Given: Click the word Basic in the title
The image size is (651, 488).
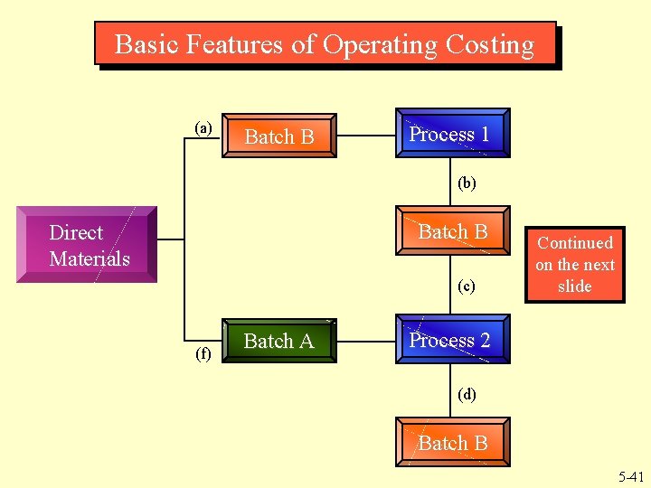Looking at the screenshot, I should click(x=147, y=44).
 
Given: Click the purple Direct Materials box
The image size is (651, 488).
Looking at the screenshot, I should click(x=90, y=245).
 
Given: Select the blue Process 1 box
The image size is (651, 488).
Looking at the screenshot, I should click(x=451, y=134).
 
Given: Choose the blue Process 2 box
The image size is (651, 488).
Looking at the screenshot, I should click(x=451, y=340).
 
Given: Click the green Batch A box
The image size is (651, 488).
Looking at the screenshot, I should click(x=279, y=341).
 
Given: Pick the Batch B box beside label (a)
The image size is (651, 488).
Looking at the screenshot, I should click(x=279, y=136).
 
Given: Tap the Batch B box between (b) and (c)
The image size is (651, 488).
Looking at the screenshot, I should click(x=451, y=232).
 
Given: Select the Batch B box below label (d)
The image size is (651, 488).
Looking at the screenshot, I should click(x=451, y=443).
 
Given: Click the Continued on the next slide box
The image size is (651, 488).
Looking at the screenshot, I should click(x=574, y=264).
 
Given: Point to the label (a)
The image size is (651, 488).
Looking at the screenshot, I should click(x=204, y=127).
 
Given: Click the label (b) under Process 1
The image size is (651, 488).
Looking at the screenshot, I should click(x=467, y=183).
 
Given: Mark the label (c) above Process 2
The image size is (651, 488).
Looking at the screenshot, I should click(x=467, y=286).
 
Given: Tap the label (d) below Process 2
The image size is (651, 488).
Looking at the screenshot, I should click(x=467, y=394).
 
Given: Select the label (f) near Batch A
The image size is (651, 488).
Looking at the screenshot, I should click(x=204, y=353).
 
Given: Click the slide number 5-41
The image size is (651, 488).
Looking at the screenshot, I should click(x=630, y=477).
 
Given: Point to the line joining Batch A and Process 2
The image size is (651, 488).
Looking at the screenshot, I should click(x=365, y=342).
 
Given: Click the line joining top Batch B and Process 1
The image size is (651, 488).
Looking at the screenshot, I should click(x=365, y=136).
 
